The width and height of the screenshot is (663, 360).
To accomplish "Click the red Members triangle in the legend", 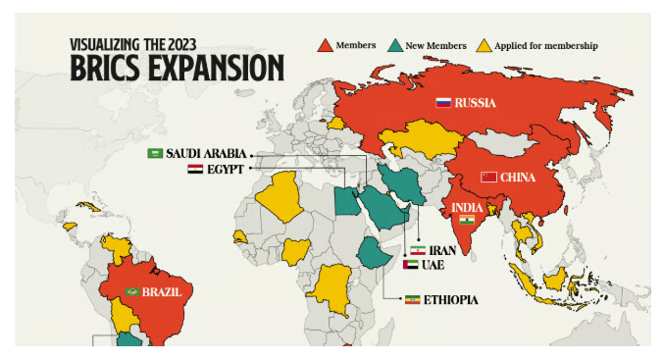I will point(325,45).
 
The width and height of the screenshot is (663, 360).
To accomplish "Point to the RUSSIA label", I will point(476,102).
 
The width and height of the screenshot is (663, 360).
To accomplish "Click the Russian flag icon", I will point(443,102).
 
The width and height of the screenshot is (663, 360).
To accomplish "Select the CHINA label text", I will point(518,178).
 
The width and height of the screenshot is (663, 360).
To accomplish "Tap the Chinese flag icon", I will point(488,178).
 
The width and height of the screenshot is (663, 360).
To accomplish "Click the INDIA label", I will point(466,207).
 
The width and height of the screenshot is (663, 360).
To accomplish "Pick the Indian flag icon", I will point(468,221).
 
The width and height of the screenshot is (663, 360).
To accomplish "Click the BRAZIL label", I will point(161,291).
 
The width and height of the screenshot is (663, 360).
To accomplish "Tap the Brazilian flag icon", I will point(132,291).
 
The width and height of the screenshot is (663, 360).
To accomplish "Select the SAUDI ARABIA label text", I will point(205,154).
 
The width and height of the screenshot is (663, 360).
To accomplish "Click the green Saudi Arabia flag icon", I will point(155,154).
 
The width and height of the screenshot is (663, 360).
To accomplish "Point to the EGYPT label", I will point(225,169).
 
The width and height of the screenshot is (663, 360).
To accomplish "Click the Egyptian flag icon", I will point(195,169).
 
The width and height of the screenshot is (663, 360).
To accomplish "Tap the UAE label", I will point(433,265).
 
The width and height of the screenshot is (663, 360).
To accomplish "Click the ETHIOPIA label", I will point(452,299).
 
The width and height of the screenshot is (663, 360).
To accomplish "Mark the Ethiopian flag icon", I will point(413,299).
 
